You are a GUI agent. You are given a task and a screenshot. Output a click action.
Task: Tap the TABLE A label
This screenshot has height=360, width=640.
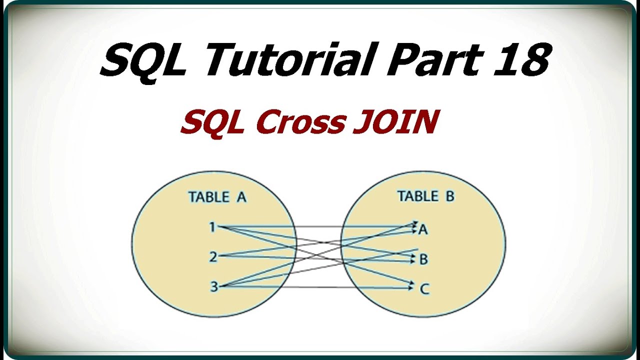[x=217, y=197]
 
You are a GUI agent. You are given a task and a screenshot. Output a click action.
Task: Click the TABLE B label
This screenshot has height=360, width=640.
[x=425, y=196]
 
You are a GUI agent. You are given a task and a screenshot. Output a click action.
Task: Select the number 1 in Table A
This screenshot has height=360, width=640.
[x=212, y=227]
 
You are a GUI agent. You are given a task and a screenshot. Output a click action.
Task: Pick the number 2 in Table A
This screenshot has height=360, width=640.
[x=213, y=257]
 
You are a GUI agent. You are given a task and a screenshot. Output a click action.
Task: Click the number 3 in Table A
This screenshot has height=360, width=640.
[x=213, y=287]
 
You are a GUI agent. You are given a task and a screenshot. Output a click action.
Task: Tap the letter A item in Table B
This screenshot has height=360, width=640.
[x=423, y=229]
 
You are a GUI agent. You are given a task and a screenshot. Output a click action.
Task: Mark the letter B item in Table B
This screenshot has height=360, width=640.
[x=423, y=259]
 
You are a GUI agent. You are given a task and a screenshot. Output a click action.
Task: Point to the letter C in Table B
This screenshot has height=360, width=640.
[x=424, y=289]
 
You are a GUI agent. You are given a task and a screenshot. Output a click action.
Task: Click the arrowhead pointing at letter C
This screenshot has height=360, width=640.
[x=412, y=285]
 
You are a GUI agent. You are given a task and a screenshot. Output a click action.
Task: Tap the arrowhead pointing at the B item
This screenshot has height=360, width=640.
[x=411, y=258]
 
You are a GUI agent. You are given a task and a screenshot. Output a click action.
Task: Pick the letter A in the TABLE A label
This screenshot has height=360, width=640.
[x=241, y=197]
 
